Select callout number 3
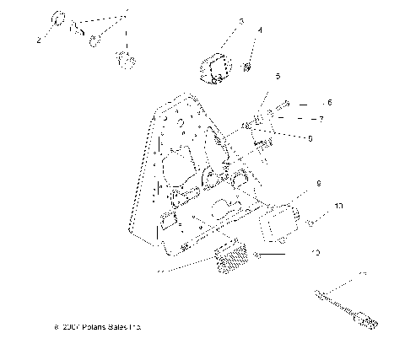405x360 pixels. (x=217, y=21)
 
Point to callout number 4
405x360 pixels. (x=260, y=30)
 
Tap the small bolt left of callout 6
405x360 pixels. (x=285, y=104)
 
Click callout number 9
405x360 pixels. (x=319, y=182)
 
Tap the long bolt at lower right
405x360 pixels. (x=342, y=309)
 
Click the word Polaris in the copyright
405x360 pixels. (x=90, y=325)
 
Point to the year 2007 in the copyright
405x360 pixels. (x=66, y=325)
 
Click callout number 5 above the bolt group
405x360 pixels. (x=277, y=77)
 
